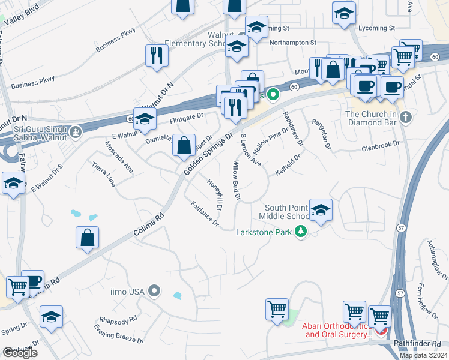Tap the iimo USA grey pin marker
(154, 292)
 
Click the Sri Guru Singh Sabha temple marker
(75, 131)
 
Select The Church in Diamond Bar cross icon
(406, 117)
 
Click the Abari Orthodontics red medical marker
(379, 331)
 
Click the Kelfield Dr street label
(288, 163)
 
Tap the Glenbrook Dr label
(380, 145)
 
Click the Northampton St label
(292, 43)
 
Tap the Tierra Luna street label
(103, 175)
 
